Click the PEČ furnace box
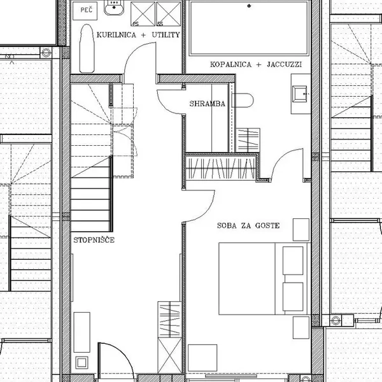click(85, 11)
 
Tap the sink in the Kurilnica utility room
click(114, 8)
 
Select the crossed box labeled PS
click(143, 14)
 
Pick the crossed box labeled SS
click(168, 14)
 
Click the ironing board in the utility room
click(87, 48)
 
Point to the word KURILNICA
click(117, 35)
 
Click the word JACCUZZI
click(285, 64)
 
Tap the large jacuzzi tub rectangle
click(249, 28)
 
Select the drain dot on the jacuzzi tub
click(249, 6)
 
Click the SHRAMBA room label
click(208, 104)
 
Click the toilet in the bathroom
click(243, 100)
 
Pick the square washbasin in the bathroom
click(300, 94)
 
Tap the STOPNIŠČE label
click(94, 240)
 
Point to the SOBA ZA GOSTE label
click(248, 225)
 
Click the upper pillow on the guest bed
click(293, 260)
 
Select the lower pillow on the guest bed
click(293, 297)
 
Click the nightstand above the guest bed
click(301, 230)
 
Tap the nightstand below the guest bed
click(301, 327)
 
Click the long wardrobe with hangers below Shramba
click(221, 169)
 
